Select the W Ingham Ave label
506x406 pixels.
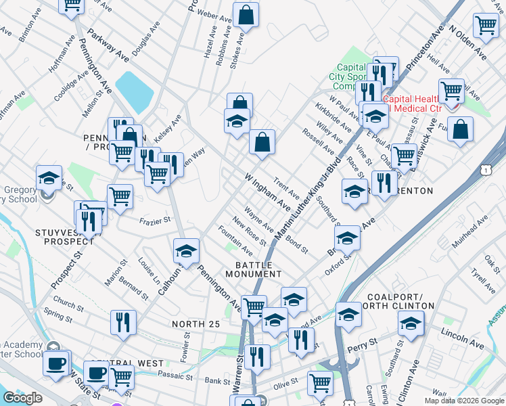coord(268,189)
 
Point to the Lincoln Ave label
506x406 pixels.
coord(462,338)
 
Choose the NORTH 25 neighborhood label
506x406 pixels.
coord(195,324)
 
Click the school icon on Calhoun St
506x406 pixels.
coord(186,250)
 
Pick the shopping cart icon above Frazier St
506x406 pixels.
coord(120,196)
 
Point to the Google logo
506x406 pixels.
coord(22,398)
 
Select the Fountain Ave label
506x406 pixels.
coord(235,242)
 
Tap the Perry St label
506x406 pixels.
coord(357,348)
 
